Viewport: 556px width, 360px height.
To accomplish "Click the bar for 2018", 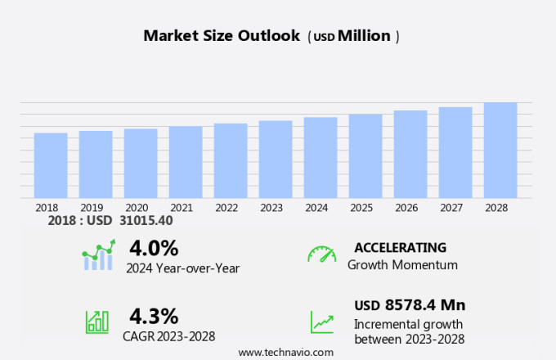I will click(x=51, y=165).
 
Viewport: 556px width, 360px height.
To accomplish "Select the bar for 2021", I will click(x=186, y=162).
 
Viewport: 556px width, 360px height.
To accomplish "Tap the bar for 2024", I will click(x=321, y=157).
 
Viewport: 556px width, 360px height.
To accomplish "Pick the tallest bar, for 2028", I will click(x=500, y=150).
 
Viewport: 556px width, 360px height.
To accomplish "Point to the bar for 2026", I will click(x=410, y=154).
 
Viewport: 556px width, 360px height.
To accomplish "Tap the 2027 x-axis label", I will click(x=455, y=208).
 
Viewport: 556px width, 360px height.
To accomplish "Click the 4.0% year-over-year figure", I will click(x=154, y=247).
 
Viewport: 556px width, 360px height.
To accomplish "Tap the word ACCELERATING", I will click(x=400, y=248).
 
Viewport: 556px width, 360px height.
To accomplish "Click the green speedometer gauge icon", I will click(x=321, y=255).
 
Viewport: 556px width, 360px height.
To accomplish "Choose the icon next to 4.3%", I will click(x=97, y=322).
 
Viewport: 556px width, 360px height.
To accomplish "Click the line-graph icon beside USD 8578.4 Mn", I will click(x=321, y=322).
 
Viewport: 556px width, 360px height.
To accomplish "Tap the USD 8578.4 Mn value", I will click(x=410, y=305).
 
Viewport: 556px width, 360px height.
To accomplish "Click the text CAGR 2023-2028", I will click(x=169, y=335).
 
